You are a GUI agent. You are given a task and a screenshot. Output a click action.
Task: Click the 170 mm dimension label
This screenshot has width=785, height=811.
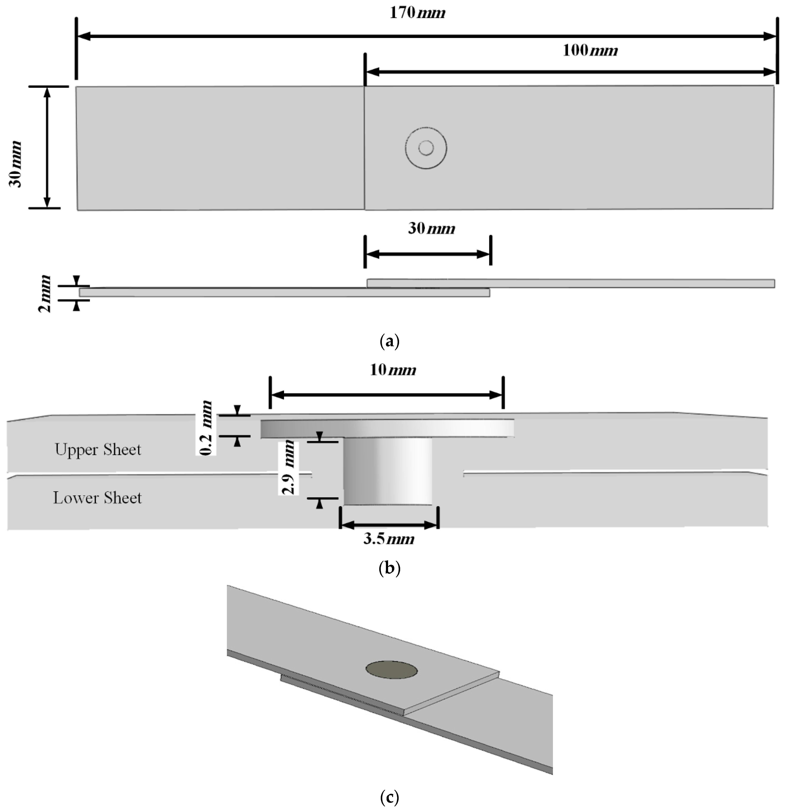pos(417,13)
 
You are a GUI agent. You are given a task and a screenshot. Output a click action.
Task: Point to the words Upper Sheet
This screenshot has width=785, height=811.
pos(98,450)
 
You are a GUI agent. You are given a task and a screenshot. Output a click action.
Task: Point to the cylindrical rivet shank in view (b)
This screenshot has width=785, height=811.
pos(388,472)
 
